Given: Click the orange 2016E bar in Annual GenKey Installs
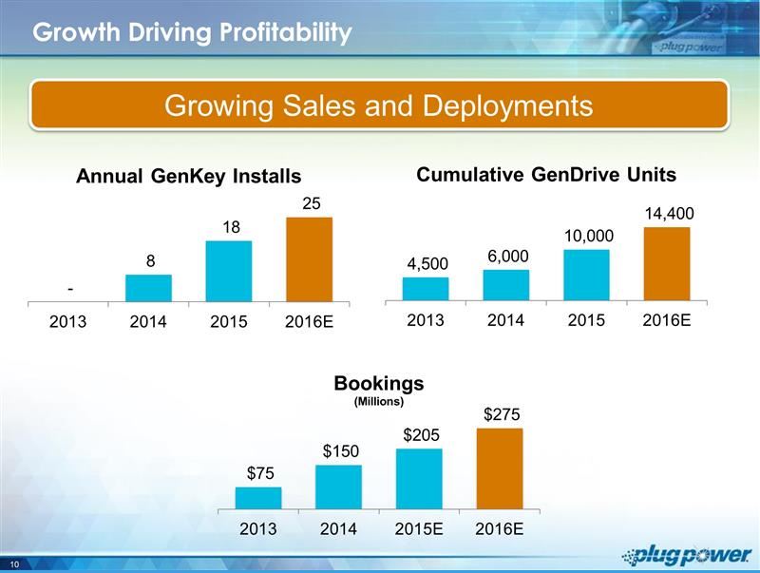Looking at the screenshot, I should pyautogui.click(x=309, y=258).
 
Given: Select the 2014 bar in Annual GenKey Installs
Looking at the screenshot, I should pyautogui.click(x=148, y=288).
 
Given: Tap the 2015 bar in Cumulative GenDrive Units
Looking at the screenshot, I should pyautogui.click(x=586, y=274).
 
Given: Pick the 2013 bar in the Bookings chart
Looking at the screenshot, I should pyautogui.click(x=257, y=498).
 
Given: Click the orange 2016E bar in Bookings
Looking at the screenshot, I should pyautogui.click(x=499, y=468).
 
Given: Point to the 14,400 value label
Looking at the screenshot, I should pyautogui.click(x=669, y=216).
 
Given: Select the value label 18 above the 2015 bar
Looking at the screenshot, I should pyautogui.click(x=231, y=228).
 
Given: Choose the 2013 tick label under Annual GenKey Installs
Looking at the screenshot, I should pyautogui.click(x=67, y=321).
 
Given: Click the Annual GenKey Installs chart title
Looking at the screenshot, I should pyautogui.click(x=189, y=176).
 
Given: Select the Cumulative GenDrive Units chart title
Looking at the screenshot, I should pyautogui.click(x=546, y=174).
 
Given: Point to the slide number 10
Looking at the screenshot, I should pyautogui.click(x=16, y=564).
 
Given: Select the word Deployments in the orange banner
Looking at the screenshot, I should pyautogui.click(x=496, y=105).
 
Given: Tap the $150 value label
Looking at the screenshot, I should pyautogui.click(x=339, y=450).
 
